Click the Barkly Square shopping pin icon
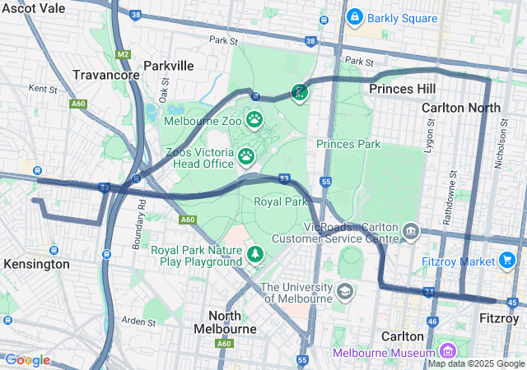(x=355, y=16)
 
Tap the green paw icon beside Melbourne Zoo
(x=255, y=121)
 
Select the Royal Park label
(x=280, y=201)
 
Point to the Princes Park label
(x=348, y=144)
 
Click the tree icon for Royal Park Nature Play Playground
(x=255, y=255)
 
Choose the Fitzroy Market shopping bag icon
(x=508, y=261)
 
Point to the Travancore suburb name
(x=105, y=75)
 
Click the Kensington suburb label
(x=36, y=265)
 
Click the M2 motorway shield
(x=124, y=53)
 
